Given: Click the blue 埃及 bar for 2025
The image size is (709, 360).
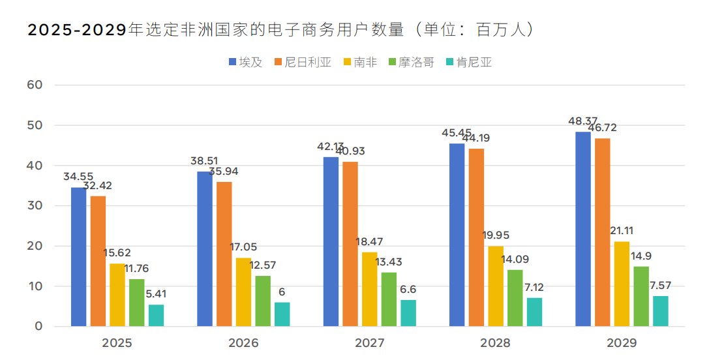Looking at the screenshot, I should (x=78, y=257).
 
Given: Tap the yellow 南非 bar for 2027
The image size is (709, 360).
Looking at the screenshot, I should (x=369, y=289).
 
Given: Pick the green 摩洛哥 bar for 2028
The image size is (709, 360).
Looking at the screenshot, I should (x=515, y=298).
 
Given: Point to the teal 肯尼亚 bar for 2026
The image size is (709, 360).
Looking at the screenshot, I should (x=282, y=314).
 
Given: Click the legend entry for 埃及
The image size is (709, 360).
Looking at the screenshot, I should (x=245, y=63).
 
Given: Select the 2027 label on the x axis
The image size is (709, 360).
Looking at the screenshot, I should (x=369, y=343).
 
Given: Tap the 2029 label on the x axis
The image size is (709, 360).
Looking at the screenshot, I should (x=622, y=343).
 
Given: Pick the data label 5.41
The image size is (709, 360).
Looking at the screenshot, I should (x=156, y=294).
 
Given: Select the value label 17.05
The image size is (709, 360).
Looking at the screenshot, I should (x=243, y=247).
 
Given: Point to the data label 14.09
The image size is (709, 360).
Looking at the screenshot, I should (x=515, y=259).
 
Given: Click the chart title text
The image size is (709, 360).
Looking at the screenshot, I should (x=280, y=30).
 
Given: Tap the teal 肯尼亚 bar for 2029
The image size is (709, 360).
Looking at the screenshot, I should (x=661, y=311).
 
